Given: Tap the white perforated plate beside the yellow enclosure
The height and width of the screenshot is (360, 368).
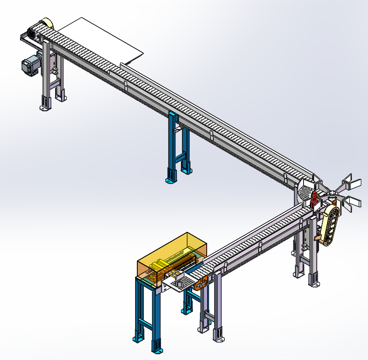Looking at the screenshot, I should [180, 284].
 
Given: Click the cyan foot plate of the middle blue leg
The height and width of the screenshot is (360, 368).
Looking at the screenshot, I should [169, 181].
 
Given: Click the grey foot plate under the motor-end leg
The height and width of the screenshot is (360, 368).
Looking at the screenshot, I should [44, 108].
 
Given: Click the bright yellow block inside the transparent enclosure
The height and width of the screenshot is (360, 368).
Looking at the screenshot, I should [158, 267].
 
